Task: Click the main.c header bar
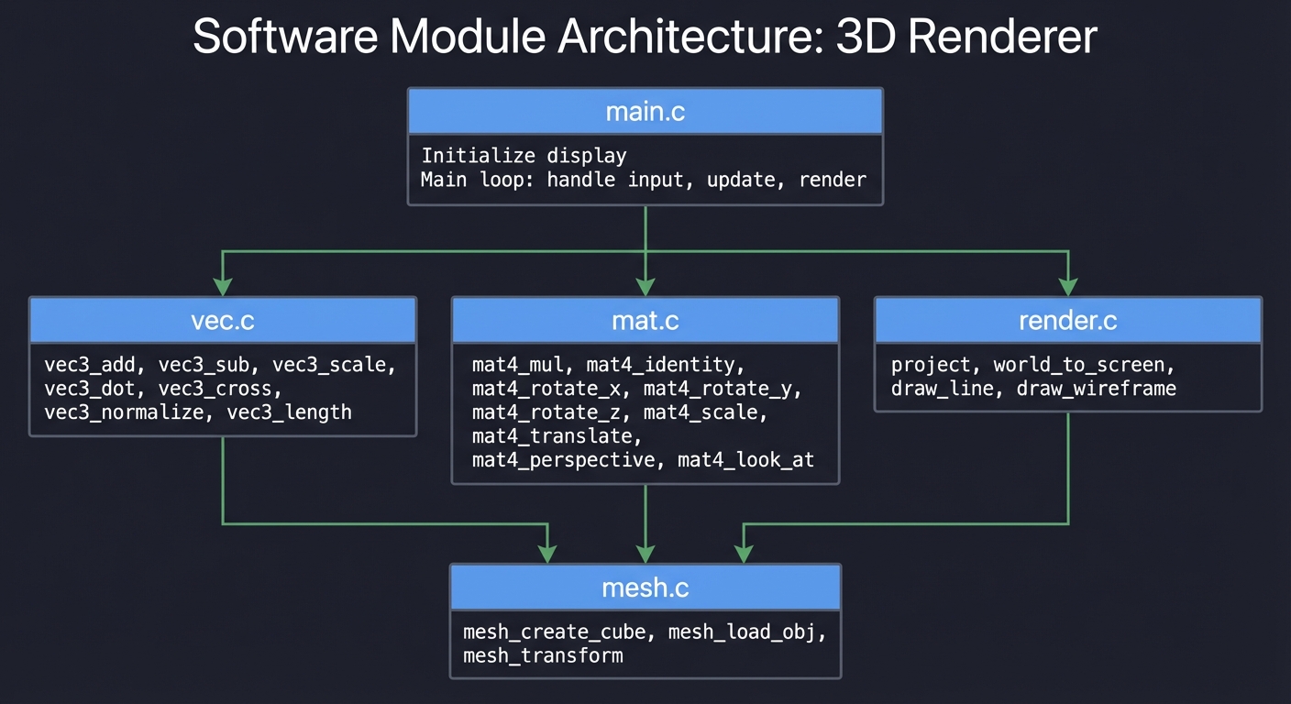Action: point(645,112)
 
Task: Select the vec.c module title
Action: point(223,321)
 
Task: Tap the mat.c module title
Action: point(645,321)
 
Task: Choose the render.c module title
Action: point(1068,321)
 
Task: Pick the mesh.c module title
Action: point(645,588)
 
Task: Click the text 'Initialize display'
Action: point(524,155)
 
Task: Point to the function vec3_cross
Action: point(215,389)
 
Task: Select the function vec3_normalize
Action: point(123,412)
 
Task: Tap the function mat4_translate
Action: point(557,436)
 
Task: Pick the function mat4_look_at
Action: point(745,460)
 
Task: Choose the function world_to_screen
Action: point(1084,365)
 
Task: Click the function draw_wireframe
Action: point(1097,389)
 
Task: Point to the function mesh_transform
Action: point(543,655)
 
